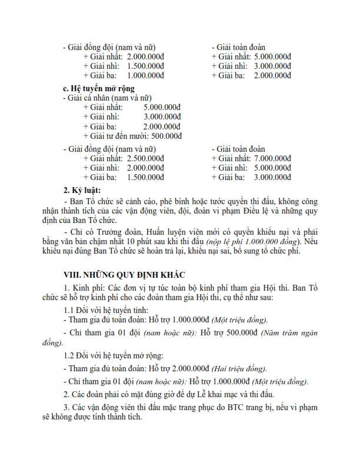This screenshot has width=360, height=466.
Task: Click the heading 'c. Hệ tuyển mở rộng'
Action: pos(99,88)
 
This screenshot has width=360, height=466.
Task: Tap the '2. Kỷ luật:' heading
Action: pos(82,191)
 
